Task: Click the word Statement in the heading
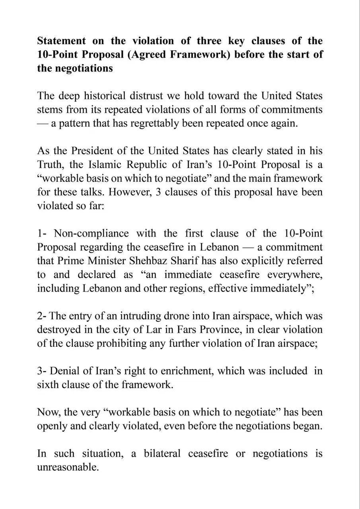click(61, 41)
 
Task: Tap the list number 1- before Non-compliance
click(43, 233)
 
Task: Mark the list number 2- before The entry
click(43, 316)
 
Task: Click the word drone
click(175, 316)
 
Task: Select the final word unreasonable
click(67, 467)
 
